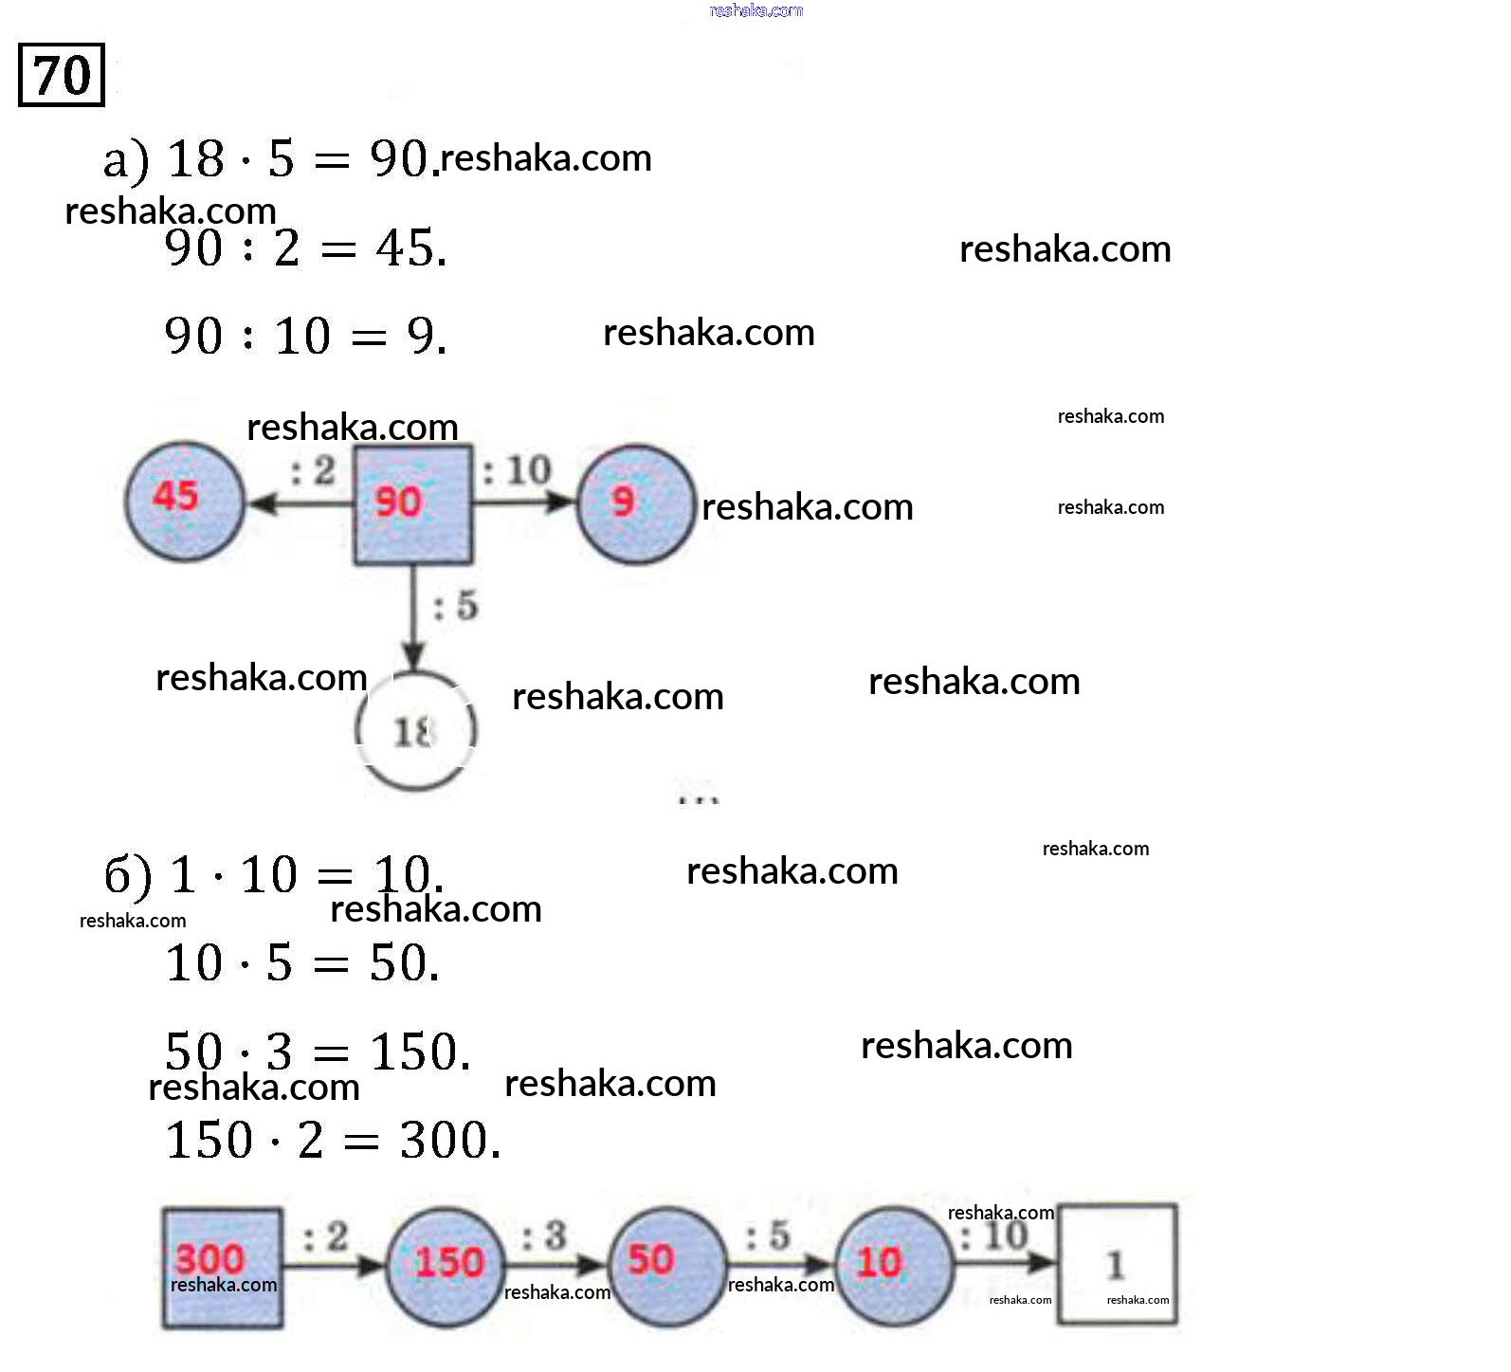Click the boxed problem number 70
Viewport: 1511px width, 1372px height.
point(62,75)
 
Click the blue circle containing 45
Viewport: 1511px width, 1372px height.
point(185,501)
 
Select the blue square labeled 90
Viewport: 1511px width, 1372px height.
point(412,504)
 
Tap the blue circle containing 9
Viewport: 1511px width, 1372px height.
point(635,503)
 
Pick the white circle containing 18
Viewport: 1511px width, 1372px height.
point(415,730)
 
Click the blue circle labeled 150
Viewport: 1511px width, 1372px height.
point(446,1266)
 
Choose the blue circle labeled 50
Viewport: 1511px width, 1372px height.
point(665,1264)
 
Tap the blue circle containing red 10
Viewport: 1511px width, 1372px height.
point(893,1264)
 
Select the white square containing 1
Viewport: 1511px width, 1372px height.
point(1118,1264)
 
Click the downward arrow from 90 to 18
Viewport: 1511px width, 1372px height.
point(413,616)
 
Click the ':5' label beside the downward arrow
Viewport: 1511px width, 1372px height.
point(456,605)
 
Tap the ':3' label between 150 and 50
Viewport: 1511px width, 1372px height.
point(544,1235)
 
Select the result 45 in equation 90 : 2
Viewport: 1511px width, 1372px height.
point(410,248)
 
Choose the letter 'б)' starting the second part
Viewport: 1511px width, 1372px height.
point(128,874)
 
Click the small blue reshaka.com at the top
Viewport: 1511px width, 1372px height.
point(755,10)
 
